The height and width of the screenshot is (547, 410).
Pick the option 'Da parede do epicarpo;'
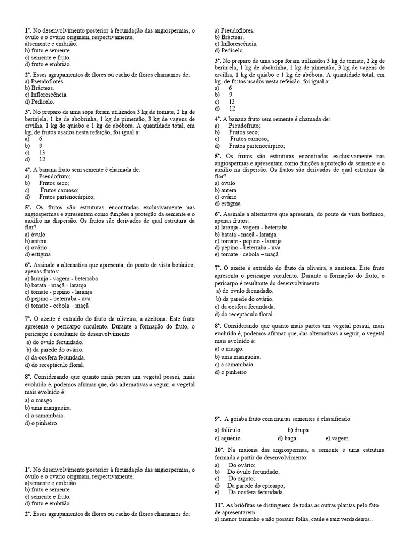[256, 486]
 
